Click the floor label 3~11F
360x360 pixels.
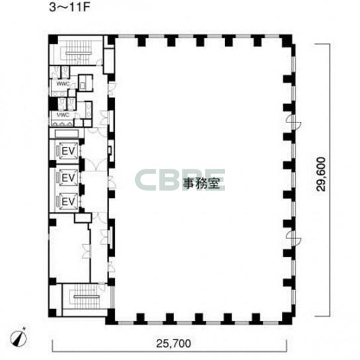(69, 7)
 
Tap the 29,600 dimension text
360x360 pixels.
(321, 174)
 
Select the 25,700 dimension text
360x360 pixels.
(173, 343)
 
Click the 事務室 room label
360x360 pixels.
(201, 183)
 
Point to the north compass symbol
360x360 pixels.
(19, 337)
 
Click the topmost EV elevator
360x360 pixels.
(68, 151)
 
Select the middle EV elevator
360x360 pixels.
(68, 177)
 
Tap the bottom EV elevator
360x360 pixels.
(68, 202)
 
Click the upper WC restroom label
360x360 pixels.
(63, 84)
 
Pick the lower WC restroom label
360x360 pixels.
(63, 114)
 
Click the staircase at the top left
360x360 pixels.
(77, 52)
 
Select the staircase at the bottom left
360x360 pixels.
(86, 297)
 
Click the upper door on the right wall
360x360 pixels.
(295, 122)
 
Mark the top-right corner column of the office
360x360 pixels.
(287, 41)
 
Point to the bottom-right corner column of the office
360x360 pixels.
(287, 318)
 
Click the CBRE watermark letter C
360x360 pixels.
(145, 180)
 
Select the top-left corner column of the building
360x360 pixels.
(53, 39)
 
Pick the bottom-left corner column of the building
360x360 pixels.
(53, 313)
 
